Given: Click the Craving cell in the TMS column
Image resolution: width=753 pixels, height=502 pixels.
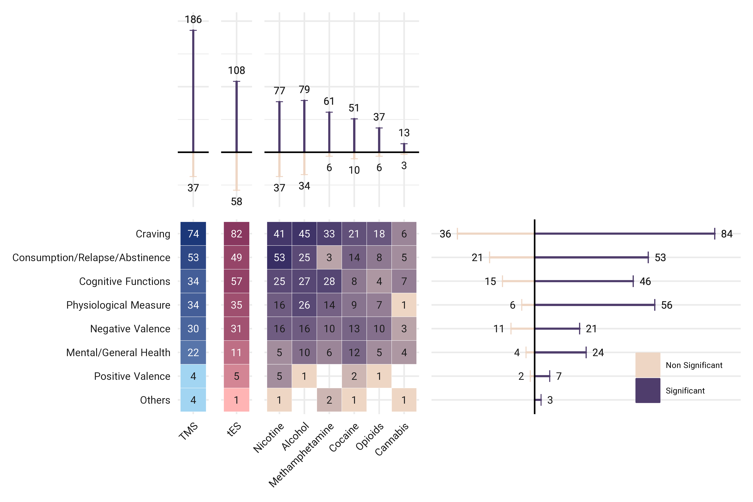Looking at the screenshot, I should coord(193,234).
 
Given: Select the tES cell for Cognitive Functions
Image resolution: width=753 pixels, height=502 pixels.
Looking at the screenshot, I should coord(236,281).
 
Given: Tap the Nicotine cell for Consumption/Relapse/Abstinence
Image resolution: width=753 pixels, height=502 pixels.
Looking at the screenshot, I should coord(279,257).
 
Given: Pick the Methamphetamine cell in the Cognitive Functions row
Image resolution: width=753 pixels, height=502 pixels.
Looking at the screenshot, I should coord(329,281).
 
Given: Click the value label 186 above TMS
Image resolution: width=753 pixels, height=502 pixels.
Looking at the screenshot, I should coord(193,20).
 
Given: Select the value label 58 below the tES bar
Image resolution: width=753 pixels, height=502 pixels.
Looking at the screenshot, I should coord(236,201).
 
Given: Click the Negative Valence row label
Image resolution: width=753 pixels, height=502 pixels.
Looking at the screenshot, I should coord(130,329).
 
